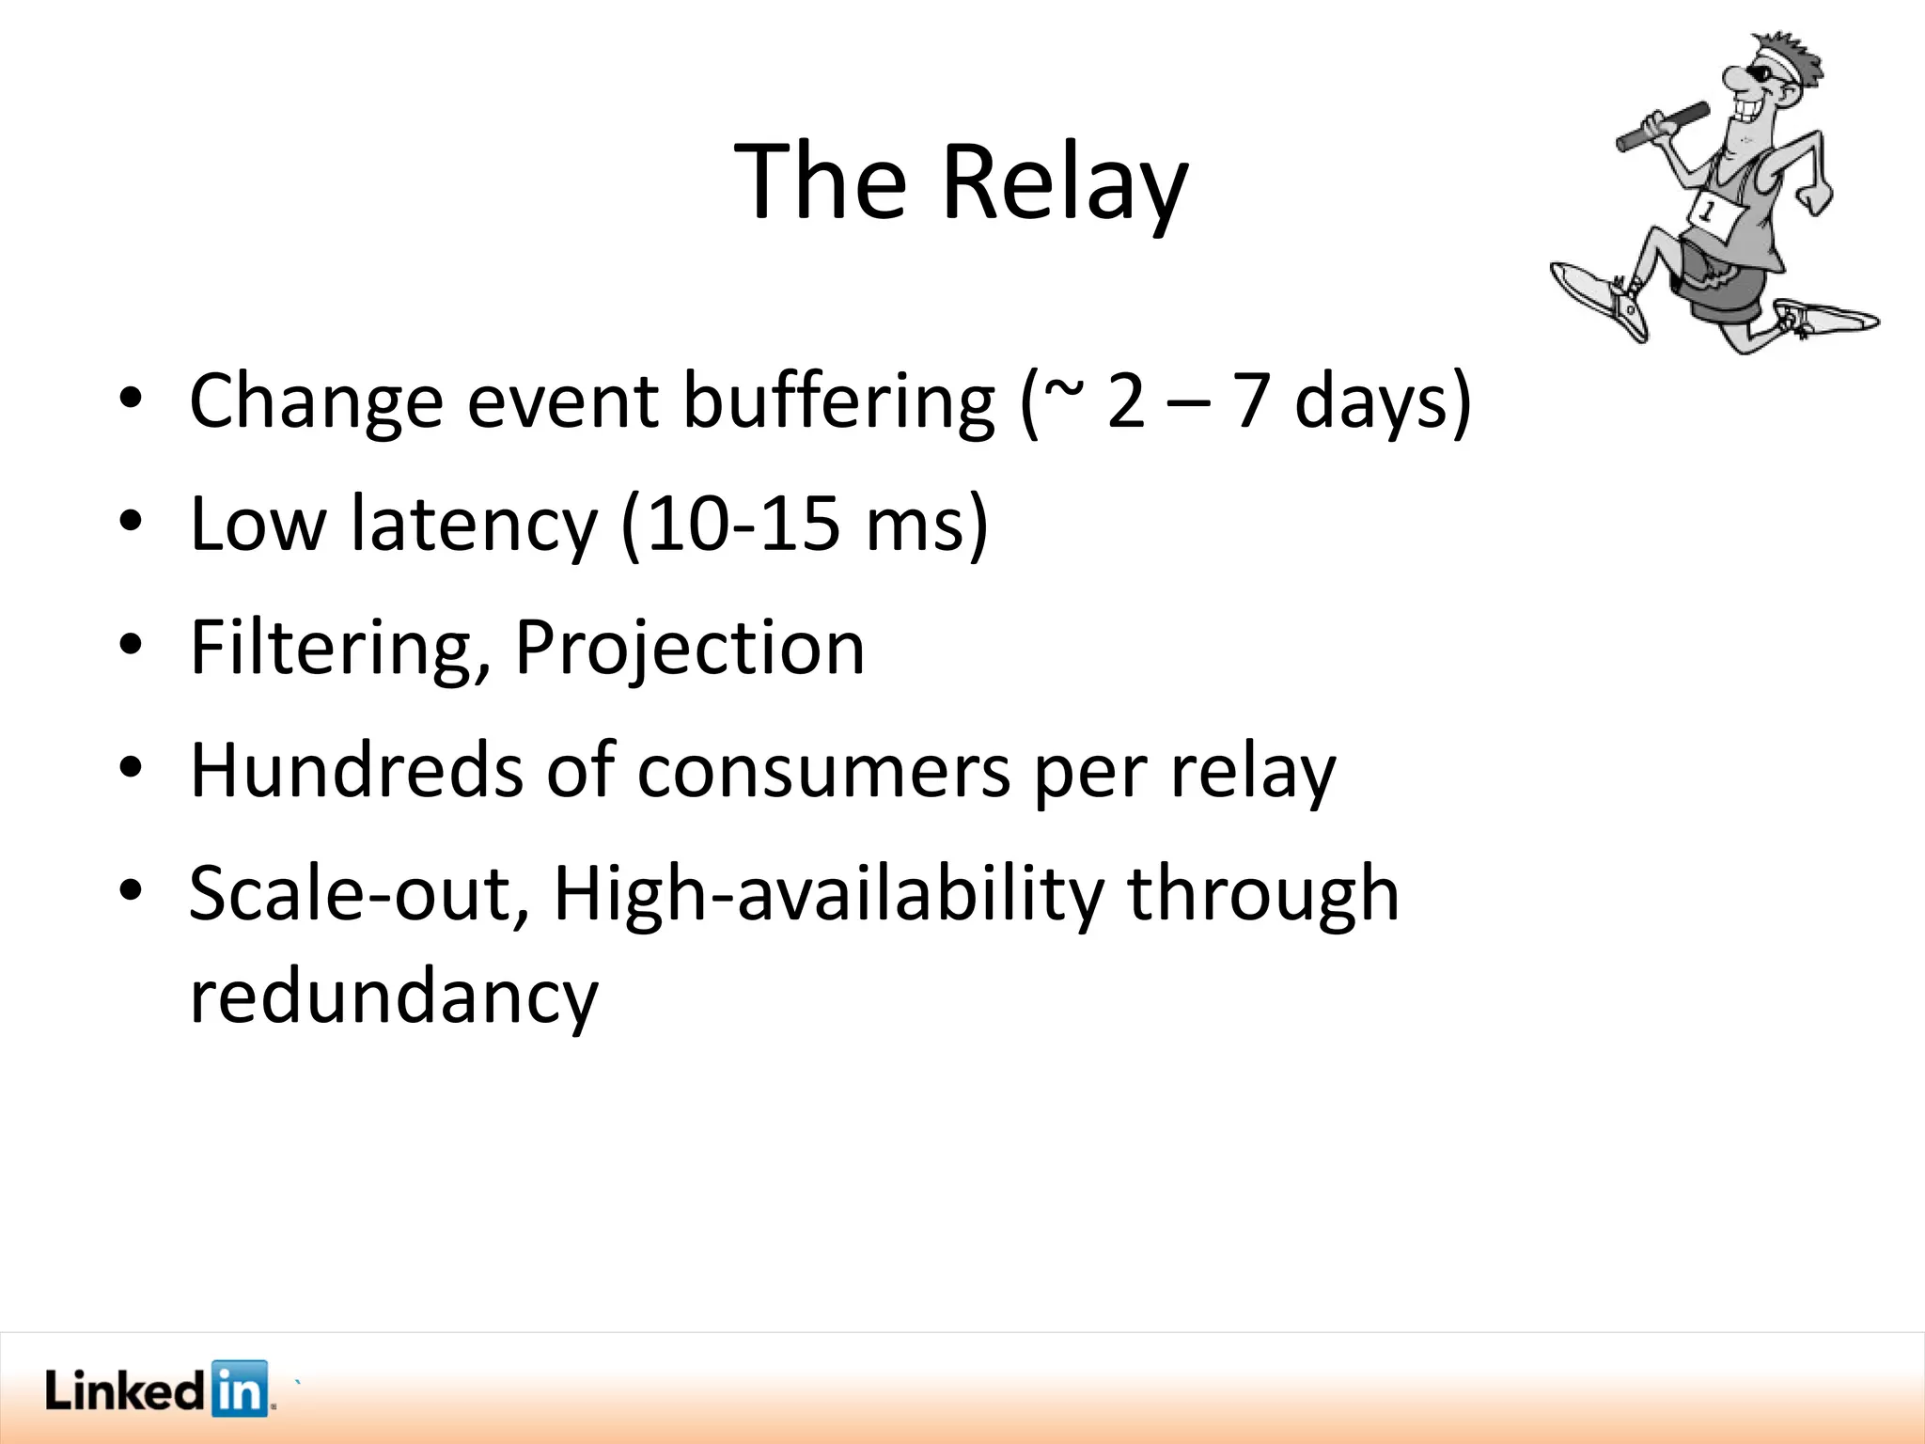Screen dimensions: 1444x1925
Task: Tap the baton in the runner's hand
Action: (1661, 127)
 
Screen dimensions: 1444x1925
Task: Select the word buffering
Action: (837, 402)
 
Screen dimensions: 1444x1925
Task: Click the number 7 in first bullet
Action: (1250, 402)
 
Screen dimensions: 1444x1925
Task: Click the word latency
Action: (474, 524)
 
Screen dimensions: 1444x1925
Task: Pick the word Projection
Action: (689, 649)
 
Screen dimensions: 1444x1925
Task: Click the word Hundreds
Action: (355, 771)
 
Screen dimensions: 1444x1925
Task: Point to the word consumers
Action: (822, 771)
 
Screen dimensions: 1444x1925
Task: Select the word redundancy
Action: (393, 997)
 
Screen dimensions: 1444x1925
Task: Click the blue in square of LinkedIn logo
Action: (240, 1388)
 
